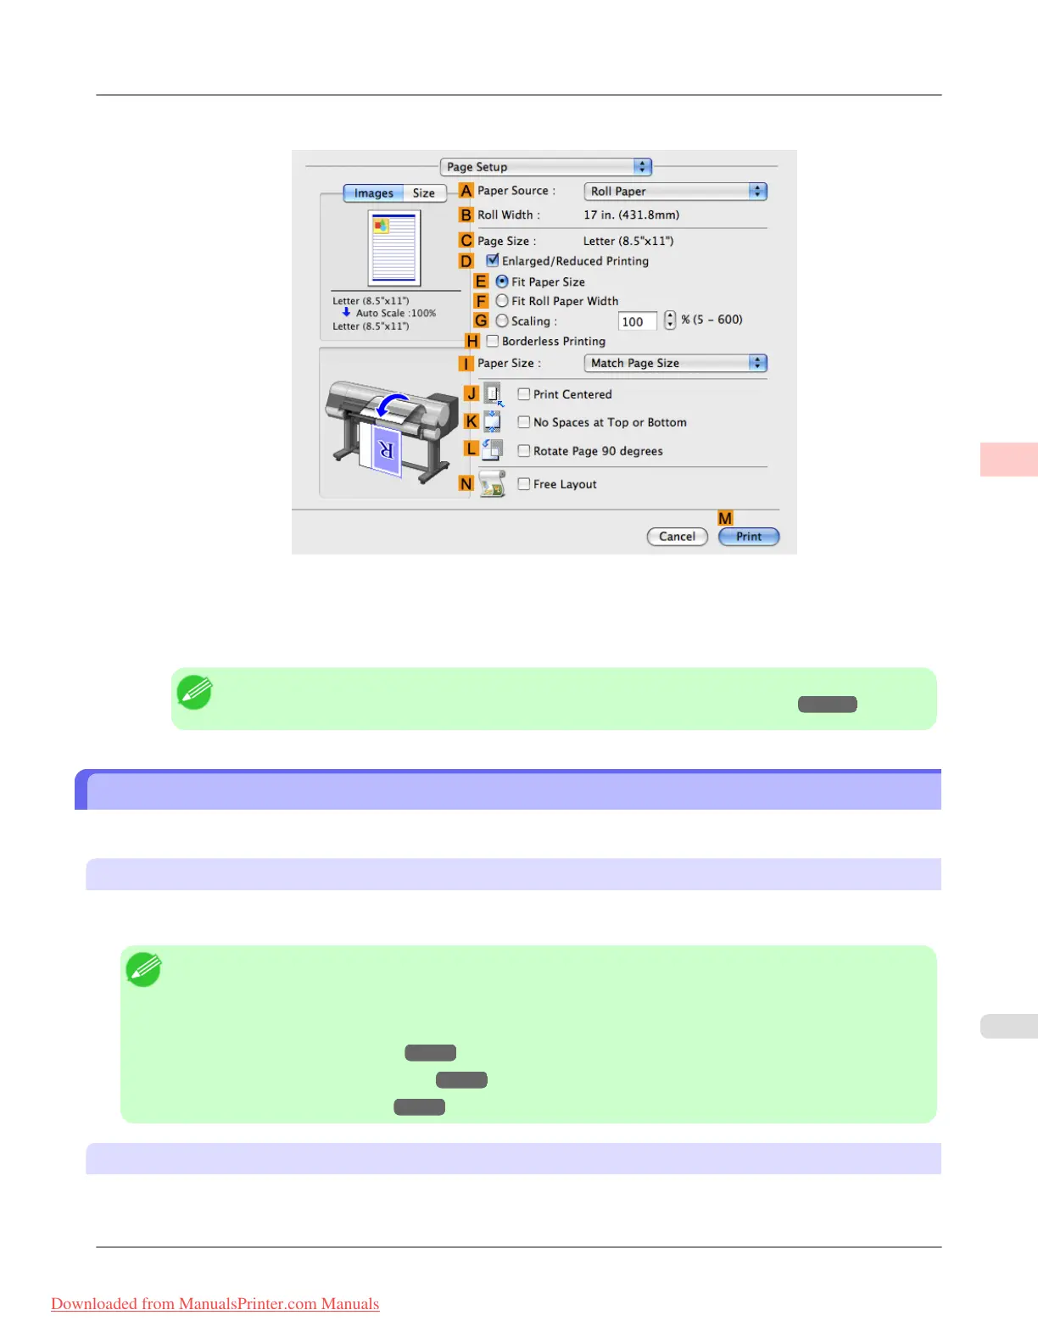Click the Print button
(x=748, y=537)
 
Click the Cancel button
(x=677, y=537)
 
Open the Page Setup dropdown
(x=545, y=167)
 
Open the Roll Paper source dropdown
(x=675, y=192)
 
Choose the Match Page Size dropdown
(x=675, y=363)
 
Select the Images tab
(x=373, y=193)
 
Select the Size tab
(x=424, y=193)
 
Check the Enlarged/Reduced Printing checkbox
(x=493, y=261)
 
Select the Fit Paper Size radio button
(x=502, y=281)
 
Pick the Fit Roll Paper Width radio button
(x=502, y=301)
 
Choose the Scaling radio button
(x=502, y=320)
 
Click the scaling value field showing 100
(x=637, y=321)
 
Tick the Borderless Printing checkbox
(x=493, y=341)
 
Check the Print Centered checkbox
(x=524, y=394)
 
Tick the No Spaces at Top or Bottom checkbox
(x=524, y=422)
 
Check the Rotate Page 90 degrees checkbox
(x=524, y=451)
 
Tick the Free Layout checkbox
(x=524, y=484)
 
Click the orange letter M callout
(x=725, y=518)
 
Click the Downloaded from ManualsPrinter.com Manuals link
(x=215, y=1304)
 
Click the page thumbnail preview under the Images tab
(x=394, y=248)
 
